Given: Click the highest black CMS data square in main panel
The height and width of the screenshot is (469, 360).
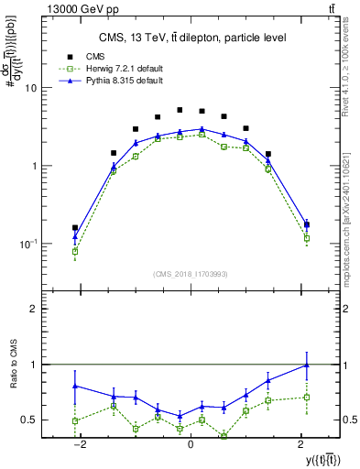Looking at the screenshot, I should pos(180,110).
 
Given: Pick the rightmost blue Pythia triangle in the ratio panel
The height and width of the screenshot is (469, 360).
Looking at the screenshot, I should pos(306,365).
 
